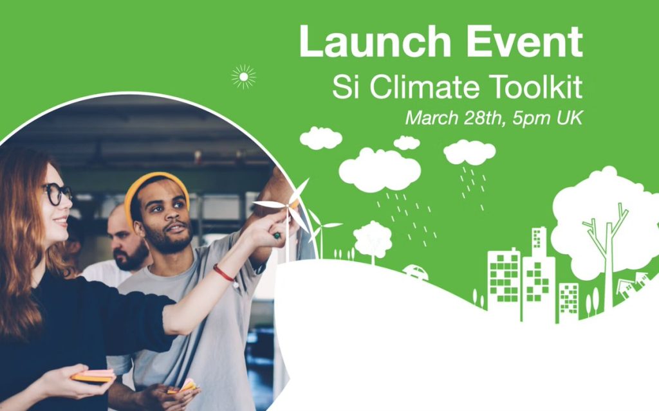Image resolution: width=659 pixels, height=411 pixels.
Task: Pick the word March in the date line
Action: [431, 117]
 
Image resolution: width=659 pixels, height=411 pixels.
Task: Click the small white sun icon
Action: [243, 77]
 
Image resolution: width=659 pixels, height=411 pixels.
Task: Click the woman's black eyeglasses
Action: [57, 194]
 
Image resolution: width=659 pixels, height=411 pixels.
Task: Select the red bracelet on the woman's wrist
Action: [223, 273]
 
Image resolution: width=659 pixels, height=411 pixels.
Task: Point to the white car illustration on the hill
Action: [416, 272]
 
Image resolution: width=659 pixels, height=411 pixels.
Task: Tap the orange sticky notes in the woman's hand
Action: [93, 375]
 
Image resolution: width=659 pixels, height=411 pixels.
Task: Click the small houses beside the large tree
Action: [633, 284]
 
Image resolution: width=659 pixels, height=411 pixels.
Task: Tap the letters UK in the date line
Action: [570, 118]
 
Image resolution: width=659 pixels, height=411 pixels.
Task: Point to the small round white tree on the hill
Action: [373, 240]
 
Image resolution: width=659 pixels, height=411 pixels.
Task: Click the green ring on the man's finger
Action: [277, 235]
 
